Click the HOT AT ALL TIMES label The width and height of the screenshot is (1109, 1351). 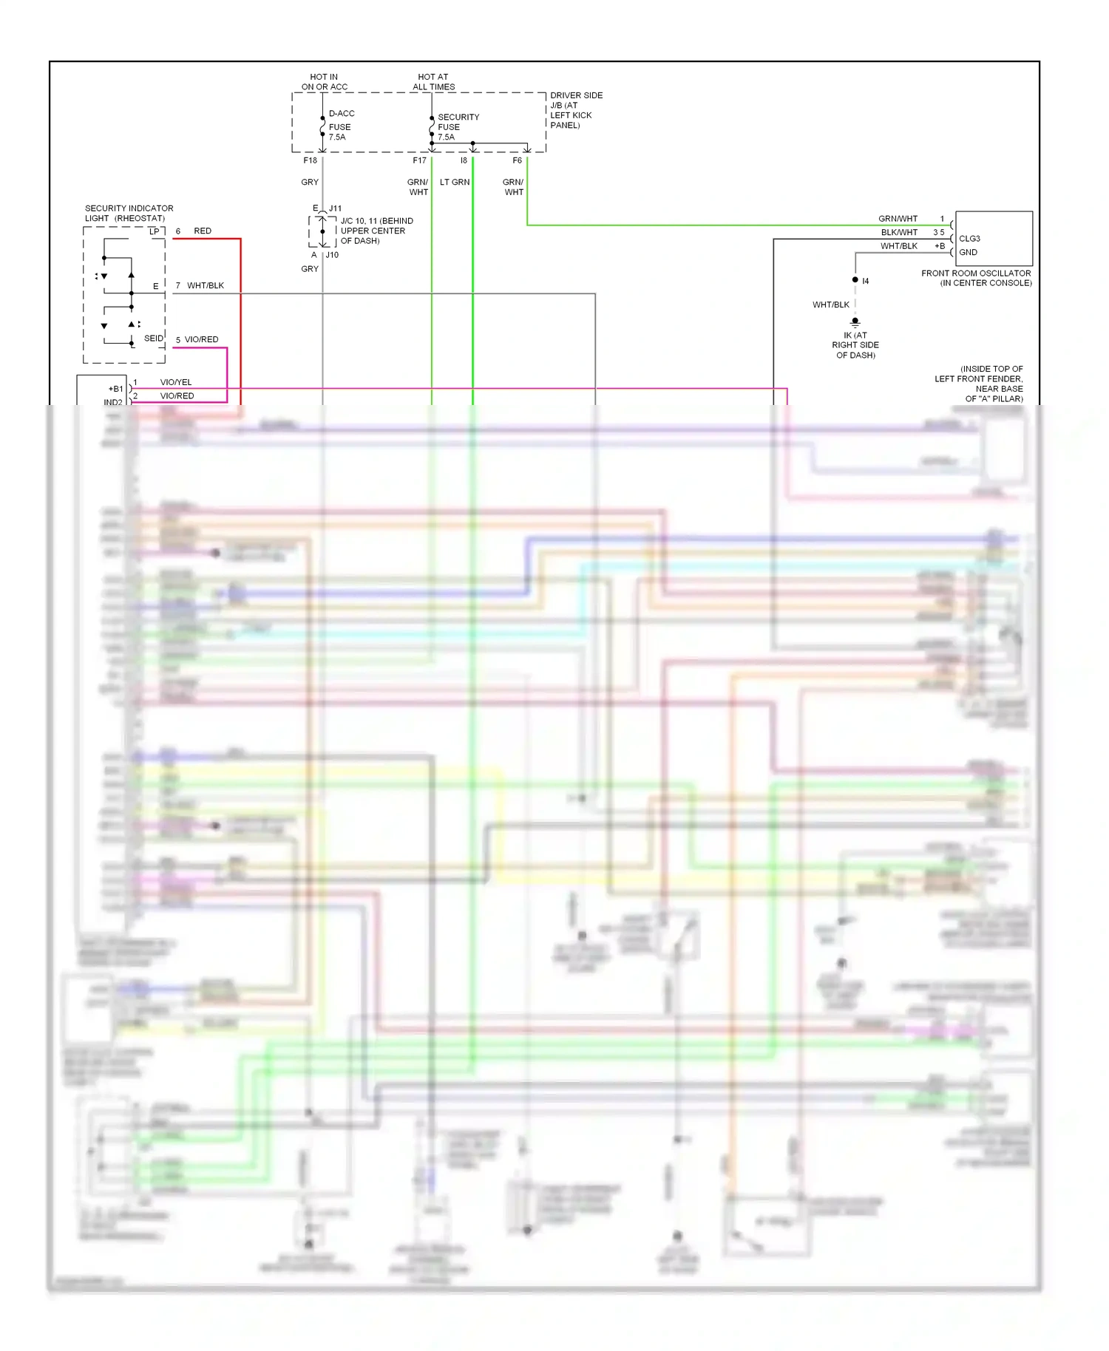pos(433,82)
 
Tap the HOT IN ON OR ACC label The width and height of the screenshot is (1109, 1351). pos(324,82)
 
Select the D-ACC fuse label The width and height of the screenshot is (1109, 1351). pos(341,113)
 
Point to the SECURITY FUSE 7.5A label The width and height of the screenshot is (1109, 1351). pos(458,127)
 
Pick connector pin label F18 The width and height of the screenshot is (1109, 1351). pos(310,160)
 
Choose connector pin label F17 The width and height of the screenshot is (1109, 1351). pos(419,160)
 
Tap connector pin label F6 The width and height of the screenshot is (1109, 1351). pos(517,160)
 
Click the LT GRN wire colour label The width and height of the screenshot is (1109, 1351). pos(455,182)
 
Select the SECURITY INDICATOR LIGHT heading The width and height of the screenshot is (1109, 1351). pos(129,213)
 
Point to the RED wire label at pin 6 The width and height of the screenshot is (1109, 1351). pos(203,231)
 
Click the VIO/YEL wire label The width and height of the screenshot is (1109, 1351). pos(176,382)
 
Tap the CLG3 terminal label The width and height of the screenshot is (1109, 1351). pos(969,239)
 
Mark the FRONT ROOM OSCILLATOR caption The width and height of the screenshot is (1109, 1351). pos(976,278)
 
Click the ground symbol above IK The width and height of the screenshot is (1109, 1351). pos(855,322)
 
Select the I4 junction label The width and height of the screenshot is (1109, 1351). pos(865,281)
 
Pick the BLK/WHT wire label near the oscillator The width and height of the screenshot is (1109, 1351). pos(899,232)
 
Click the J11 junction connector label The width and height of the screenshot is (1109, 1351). pos(335,208)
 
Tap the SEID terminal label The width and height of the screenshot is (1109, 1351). pos(153,338)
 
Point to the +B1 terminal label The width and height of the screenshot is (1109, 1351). pos(115,389)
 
